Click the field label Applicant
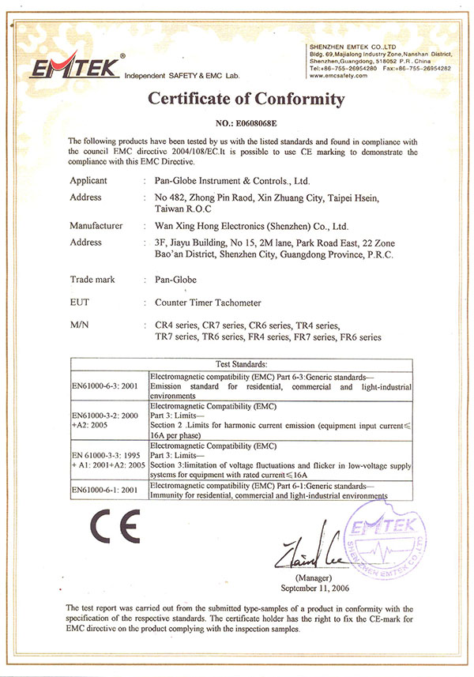point(88,181)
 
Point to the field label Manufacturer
point(96,226)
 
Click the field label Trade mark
point(92,279)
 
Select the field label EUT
point(81,302)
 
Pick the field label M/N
point(80,325)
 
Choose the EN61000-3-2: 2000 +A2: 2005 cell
point(106,419)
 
